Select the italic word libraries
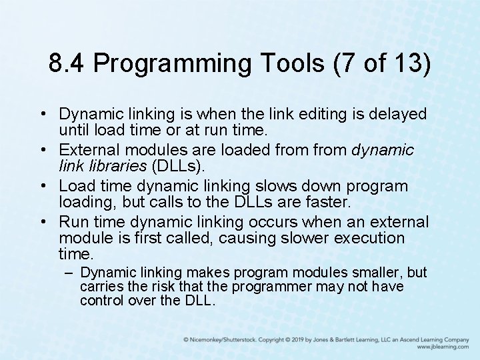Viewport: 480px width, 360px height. coord(109,165)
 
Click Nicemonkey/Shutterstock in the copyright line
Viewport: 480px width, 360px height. coord(223,339)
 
